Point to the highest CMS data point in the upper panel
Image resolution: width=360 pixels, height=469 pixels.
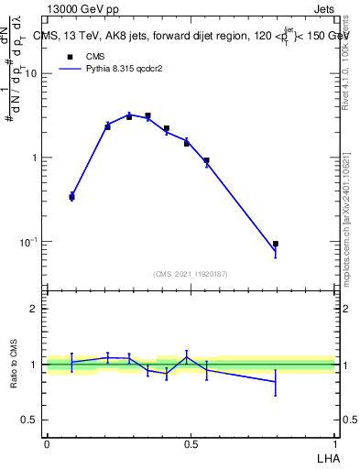(x=147, y=115)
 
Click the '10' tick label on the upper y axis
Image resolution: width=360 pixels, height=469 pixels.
(x=30, y=74)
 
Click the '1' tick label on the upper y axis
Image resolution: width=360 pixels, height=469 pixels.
(x=35, y=158)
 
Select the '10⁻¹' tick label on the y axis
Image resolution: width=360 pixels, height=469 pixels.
(x=29, y=241)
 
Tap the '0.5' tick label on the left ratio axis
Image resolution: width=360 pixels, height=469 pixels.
(x=29, y=420)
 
